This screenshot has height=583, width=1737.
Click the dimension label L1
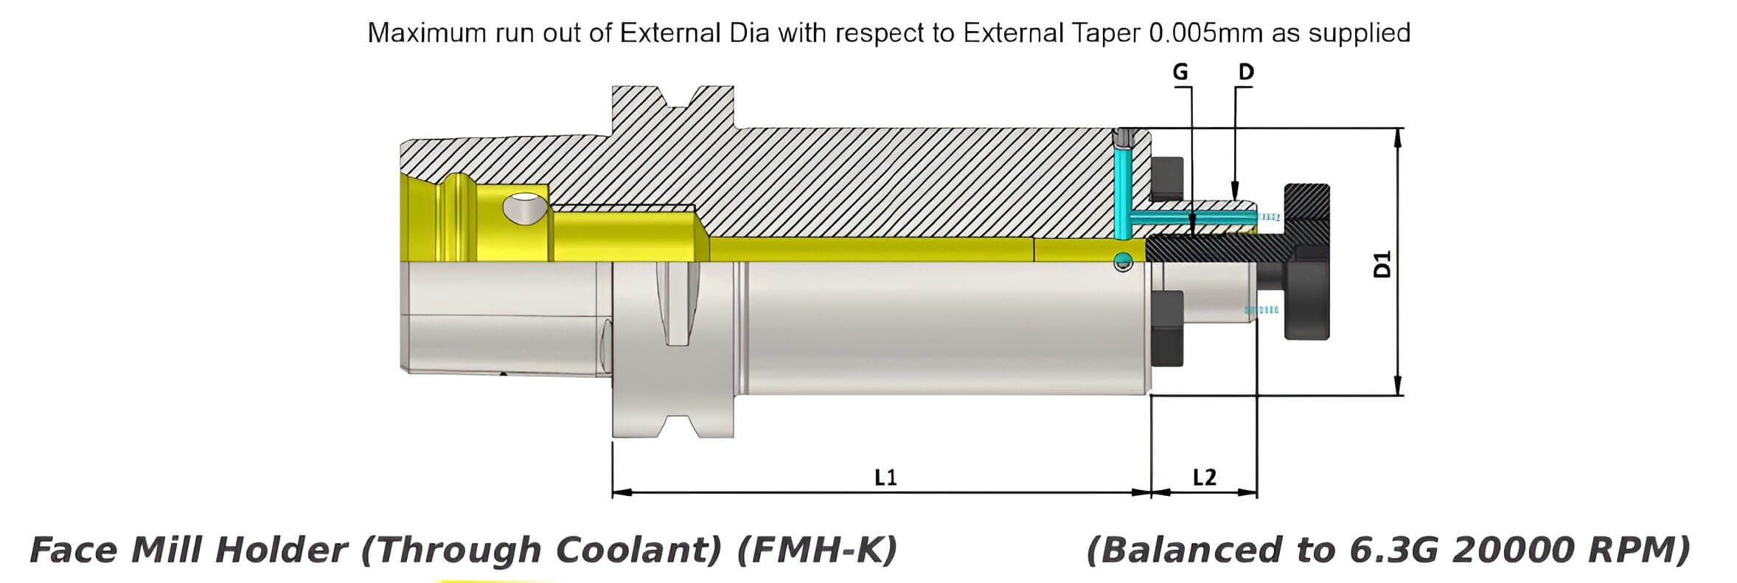(885, 477)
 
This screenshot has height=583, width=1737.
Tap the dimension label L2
(1204, 477)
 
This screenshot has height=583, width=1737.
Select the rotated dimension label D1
(1383, 263)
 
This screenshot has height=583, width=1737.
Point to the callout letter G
(1180, 72)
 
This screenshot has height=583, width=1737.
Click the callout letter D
(1246, 72)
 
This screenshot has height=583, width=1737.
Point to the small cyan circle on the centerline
(1123, 260)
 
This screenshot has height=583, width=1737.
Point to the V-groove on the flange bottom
(675, 427)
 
